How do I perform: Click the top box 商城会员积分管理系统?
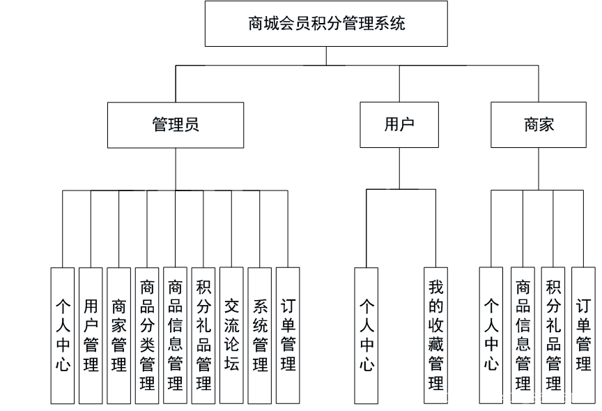coord(325,25)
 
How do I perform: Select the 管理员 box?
coord(175,126)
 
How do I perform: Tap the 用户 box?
coord(399,126)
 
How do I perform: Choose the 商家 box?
coord(539,126)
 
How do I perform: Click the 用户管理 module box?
coord(91,336)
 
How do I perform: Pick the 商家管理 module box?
coord(119,336)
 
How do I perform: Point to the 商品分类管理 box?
coord(146,336)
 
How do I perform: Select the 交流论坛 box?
coord(232,336)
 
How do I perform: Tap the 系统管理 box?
coord(260,336)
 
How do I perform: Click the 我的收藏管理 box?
coord(436,336)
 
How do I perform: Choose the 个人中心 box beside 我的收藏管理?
coord(366,336)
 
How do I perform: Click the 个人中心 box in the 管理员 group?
coord(62,336)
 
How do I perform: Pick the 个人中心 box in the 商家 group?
coord(491,336)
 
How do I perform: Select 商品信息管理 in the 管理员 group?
coord(176,336)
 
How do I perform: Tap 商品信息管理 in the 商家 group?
coord(523,336)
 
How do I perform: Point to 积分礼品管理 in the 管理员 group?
coord(203,336)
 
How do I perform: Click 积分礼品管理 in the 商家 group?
coord(553,336)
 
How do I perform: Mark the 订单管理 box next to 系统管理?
coord(287,336)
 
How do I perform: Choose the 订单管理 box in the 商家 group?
coord(582,336)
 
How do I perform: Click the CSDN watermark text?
coord(516,398)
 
